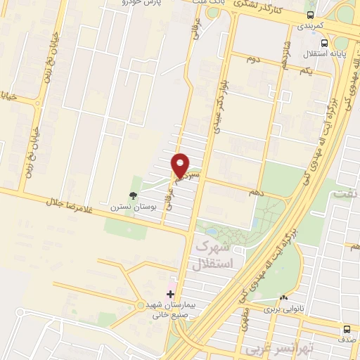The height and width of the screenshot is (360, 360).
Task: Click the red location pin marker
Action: tap(181, 165)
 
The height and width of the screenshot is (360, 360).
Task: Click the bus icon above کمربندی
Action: tap(311, 15)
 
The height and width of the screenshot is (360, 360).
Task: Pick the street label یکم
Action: tap(306, 72)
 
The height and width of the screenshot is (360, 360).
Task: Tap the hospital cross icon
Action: tap(169, 292)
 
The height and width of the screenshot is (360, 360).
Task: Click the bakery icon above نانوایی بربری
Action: tap(283, 297)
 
